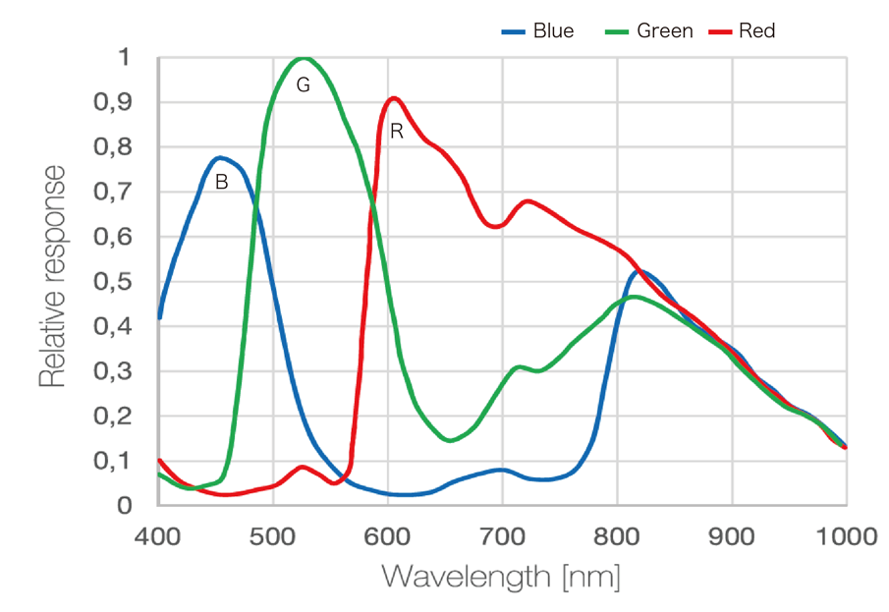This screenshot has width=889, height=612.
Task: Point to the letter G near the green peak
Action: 303,85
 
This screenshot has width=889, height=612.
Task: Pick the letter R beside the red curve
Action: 396,131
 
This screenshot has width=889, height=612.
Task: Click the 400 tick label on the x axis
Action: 159,536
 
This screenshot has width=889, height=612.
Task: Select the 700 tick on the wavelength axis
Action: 502,536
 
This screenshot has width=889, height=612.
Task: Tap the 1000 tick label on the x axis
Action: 846,536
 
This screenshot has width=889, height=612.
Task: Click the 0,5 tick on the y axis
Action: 111,282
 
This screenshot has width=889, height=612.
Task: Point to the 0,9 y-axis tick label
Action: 111,102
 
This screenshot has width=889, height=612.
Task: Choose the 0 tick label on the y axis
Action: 124,506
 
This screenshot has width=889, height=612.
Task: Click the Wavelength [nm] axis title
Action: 501,577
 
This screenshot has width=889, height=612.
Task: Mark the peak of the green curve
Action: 304,58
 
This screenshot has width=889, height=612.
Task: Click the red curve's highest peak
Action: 395,98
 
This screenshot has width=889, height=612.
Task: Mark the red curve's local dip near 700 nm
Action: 496,227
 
